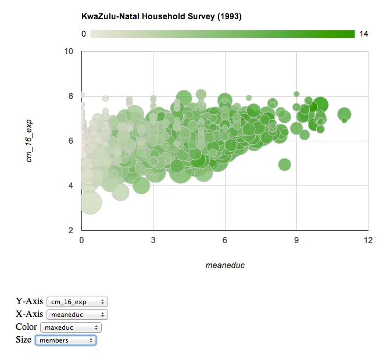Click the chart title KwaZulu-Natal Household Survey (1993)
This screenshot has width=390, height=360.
(161, 16)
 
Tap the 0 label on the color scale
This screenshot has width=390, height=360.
(84, 34)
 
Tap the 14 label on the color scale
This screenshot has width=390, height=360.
(364, 34)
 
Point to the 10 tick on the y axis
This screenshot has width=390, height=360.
(69, 51)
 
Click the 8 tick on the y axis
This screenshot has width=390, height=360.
(70, 96)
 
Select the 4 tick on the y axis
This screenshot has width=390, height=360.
(70, 186)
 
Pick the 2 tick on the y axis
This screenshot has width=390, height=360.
(70, 230)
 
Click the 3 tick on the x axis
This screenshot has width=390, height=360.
(153, 240)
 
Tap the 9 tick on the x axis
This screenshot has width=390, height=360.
(296, 240)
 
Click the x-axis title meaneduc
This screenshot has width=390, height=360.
(225, 265)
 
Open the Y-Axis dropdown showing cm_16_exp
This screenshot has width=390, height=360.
(77, 302)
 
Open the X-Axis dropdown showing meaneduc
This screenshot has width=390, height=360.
(77, 315)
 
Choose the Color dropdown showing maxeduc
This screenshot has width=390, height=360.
(71, 327)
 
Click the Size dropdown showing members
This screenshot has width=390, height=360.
(66, 340)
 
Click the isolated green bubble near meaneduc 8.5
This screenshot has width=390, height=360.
(284, 165)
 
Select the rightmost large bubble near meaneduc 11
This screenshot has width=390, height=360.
(344, 114)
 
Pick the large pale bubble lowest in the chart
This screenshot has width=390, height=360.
(90, 202)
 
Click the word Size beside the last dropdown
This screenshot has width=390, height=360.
(23, 340)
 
